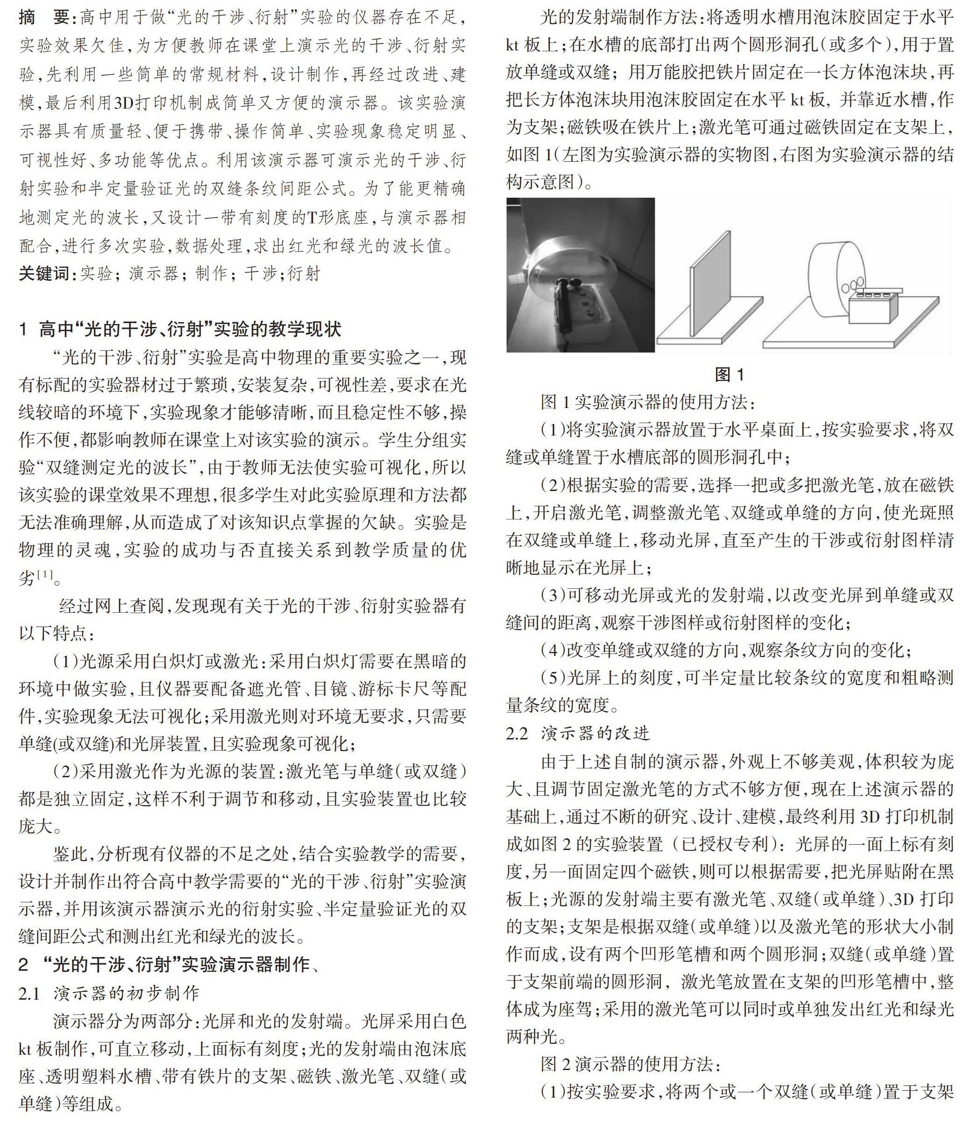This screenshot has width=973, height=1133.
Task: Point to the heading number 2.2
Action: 517,733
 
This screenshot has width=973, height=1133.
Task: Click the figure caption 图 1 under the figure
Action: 729,374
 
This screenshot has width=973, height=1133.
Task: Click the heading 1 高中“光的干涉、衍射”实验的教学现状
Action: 181,329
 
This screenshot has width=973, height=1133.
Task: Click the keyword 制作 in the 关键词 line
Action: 211,273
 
